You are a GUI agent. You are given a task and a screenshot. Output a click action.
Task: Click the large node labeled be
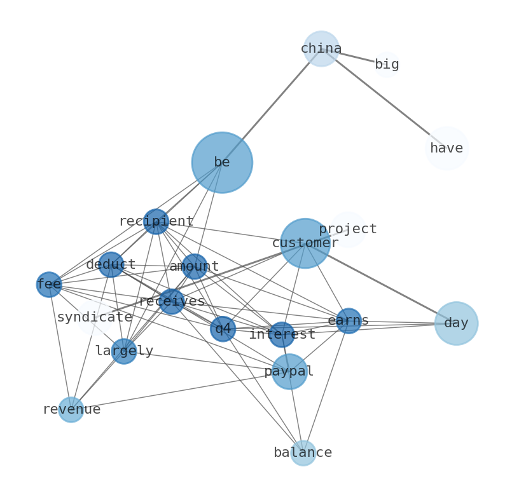(x=222, y=163)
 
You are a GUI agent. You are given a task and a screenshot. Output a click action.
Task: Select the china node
(x=321, y=49)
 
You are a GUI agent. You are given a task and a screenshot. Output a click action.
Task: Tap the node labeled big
(x=387, y=65)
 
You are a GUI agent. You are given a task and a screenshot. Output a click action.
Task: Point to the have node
(x=446, y=149)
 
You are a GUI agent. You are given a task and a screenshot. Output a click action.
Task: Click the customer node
(x=305, y=243)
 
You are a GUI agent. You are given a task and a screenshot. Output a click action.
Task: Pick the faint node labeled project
(x=348, y=229)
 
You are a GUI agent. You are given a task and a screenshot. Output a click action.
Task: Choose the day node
(x=456, y=323)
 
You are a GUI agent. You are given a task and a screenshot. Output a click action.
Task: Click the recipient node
(x=156, y=222)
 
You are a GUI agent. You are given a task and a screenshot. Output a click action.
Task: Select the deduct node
(x=111, y=264)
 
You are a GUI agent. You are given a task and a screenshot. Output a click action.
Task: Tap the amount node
(x=195, y=267)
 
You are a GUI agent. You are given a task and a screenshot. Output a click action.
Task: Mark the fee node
(x=49, y=285)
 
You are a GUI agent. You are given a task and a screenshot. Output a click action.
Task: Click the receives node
(x=172, y=302)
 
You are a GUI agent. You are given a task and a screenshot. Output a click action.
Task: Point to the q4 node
(x=223, y=329)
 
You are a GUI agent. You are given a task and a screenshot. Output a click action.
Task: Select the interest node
(x=282, y=335)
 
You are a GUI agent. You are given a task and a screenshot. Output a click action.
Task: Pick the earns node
(x=349, y=321)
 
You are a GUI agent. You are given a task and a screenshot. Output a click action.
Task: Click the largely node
(x=124, y=351)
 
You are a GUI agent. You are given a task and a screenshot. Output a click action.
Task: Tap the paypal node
(x=290, y=372)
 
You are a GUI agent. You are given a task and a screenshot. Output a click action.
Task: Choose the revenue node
(x=71, y=410)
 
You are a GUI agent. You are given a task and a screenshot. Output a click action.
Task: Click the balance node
(x=303, y=453)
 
